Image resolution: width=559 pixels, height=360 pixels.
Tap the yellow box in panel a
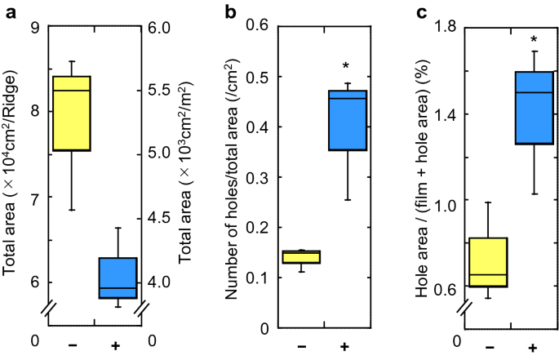point(72,113)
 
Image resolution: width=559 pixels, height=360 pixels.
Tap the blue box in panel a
point(118,278)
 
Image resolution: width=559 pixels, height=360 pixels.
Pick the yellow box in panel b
point(299,257)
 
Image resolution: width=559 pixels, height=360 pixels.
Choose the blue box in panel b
point(346,120)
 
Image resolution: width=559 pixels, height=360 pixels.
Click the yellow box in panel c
point(488,262)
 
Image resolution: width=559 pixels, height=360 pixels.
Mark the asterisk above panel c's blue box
point(535,40)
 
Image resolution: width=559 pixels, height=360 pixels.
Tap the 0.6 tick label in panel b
point(259,28)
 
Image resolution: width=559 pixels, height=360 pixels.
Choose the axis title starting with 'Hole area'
point(425,178)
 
